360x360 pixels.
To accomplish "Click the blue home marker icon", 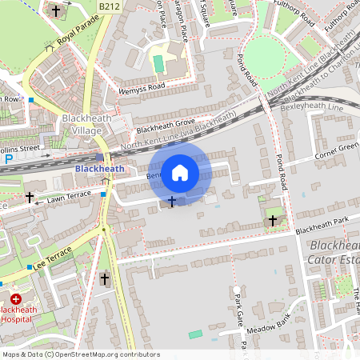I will [x=180, y=172].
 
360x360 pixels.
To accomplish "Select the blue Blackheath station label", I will [x=99, y=169].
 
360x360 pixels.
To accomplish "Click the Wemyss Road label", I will [x=141, y=84].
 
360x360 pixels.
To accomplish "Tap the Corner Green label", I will [x=336, y=150].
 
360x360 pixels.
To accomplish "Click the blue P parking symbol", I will [x=9, y=159].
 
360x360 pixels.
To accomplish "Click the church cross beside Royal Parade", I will [x=54, y=11].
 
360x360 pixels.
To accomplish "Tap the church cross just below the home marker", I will [x=171, y=200].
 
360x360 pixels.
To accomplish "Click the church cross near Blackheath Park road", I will [x=273, y=218].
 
